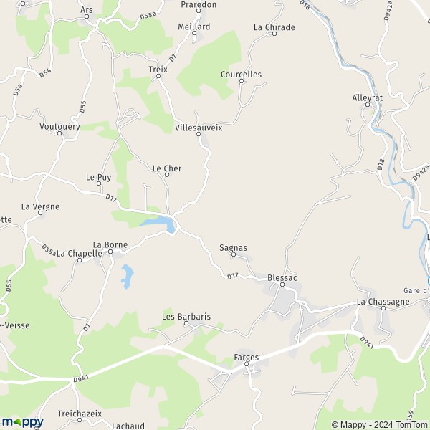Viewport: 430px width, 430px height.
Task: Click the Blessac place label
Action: [x=282, y=277]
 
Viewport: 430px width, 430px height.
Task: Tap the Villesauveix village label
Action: [x=199, y=127]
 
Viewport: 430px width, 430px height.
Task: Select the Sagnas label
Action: [x=233, y=248]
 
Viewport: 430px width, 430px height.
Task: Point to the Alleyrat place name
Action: [x=368, y=97]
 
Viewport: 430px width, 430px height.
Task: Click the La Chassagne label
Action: [x=383, y=302]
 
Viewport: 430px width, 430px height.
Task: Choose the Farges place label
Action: [x=246, y=357]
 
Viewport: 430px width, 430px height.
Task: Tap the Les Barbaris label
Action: [x=186, y=316]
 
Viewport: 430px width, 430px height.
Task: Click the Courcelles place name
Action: [x=242, y=75]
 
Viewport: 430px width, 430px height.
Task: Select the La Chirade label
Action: [x=274, y=27]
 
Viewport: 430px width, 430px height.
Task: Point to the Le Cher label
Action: [x=167, y=168]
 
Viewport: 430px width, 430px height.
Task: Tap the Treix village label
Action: [x=158, y=70]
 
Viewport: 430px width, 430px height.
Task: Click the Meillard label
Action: [x=193, y=27]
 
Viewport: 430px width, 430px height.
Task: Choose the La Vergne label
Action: [x=40, y=206]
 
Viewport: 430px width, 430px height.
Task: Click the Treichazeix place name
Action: [x=80, y=414]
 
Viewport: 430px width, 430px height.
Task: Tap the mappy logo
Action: [x=22, y=422]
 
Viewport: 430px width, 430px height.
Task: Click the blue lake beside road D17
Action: [x=161, y=225]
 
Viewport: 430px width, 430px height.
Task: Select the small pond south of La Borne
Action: [x=126, y=276]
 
